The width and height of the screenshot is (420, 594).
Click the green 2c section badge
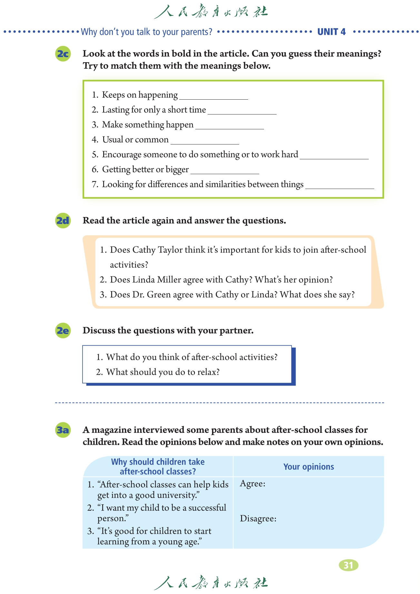tap(63, 54)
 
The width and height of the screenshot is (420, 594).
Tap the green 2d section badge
tap(63, 221)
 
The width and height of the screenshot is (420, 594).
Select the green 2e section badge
tap(63, 331)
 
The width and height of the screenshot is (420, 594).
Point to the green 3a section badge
tap(63, 430)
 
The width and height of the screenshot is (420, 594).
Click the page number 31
tap(348, 565)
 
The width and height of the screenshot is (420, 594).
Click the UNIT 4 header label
tap(331, 32)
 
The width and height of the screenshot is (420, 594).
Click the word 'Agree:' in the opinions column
tap(253, 483)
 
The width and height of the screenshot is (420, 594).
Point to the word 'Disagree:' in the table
tap(258, 519)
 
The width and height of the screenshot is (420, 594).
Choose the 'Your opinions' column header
tap(308, 467)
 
